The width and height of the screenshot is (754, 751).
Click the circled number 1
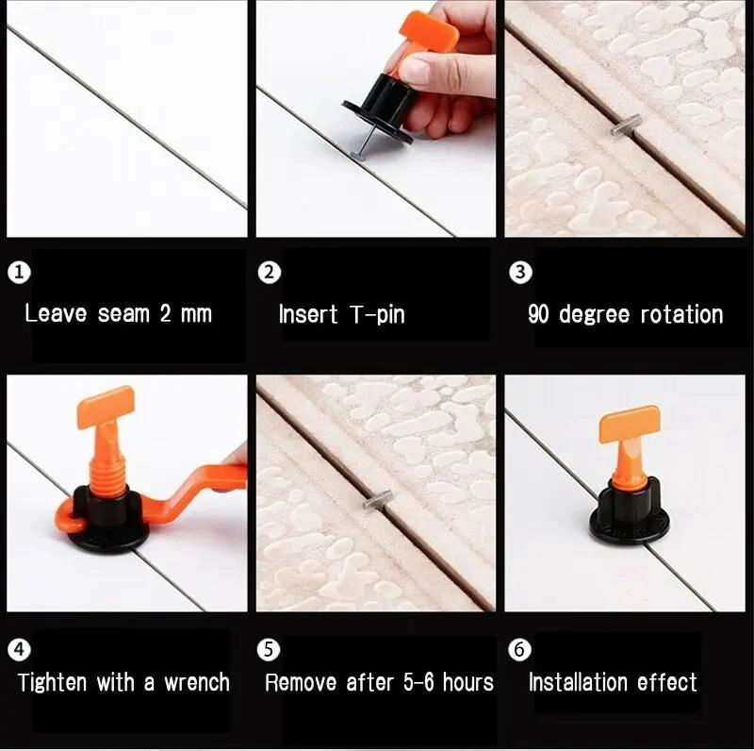(19, 272)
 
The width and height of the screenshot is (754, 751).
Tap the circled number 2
(270, 273)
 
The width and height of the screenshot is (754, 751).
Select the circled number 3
(520, 272)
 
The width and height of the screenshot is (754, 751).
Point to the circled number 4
(19, 649)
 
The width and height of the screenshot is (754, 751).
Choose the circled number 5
(269, 649)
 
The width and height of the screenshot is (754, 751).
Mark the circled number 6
(520, 649)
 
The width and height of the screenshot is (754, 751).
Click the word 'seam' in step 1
(124, 314)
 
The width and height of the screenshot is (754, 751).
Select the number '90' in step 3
(538, 314)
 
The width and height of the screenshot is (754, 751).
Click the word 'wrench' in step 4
(197, 683)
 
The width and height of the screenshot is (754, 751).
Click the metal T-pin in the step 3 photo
(625, 125)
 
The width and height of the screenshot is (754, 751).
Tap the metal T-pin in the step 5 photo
(378, 501)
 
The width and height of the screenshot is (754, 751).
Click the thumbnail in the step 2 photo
(414, 68)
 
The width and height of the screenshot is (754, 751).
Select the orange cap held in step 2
(428, 33)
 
